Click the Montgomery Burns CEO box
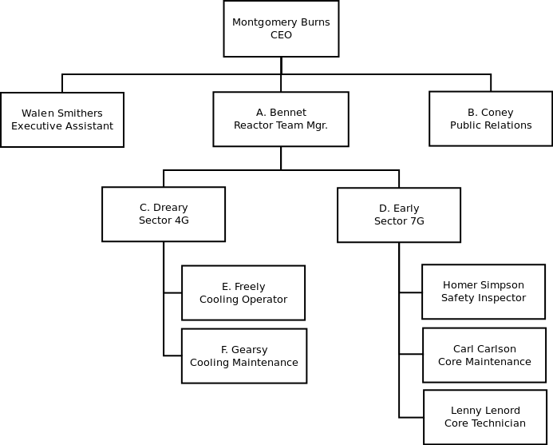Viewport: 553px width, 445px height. [281, 29]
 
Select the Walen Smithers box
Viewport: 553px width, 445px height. [62, 120]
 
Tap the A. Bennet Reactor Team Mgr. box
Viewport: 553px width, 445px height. [281, 119]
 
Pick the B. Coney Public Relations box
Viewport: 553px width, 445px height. [491, 119]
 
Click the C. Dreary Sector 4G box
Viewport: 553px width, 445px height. [164, 214]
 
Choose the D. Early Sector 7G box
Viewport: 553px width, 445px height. [399, 215]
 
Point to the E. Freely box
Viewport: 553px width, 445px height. [243, 292]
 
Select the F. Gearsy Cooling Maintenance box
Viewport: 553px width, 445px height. [244, 356]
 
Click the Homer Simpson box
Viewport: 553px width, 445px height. [484, 292]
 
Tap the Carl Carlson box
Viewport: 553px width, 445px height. [484, 355]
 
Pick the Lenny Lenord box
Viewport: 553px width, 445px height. [485, 417]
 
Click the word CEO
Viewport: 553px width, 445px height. [281, 35]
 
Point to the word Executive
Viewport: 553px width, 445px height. [34, 126]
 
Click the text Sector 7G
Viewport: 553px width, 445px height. [399, 221]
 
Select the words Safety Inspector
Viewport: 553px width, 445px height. [484, 298]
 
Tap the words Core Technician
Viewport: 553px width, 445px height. [485, 423]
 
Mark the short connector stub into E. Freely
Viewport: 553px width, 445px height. [173, 292]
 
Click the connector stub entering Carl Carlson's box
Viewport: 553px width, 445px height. [411, 354]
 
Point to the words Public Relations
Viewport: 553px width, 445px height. [491, 125]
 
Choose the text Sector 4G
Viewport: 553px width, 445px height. [164, 221]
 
